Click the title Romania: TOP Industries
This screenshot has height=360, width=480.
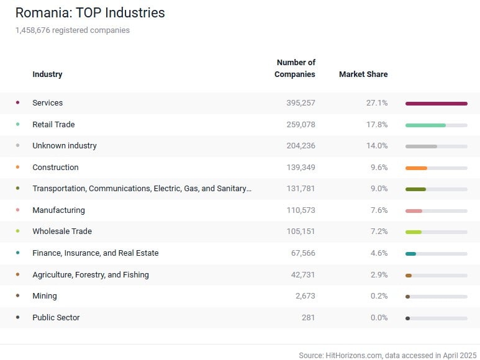click(x=90, y=12)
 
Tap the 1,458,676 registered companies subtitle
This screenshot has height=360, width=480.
click(x=73, y=30)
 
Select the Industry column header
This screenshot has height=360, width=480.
click(x=47, y=74)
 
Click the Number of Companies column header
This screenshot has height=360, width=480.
click(x=295, y=68)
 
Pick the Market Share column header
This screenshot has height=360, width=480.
click(x=363, y=74)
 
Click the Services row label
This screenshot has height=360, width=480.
click(x=47, y=103)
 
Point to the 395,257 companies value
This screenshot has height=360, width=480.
click(x=301, y=103)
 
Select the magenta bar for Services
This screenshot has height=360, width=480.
click(x=436, y=104)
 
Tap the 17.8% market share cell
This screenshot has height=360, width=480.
click(x=376, y=125)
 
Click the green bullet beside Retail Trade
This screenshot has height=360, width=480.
click(x=17, y=124)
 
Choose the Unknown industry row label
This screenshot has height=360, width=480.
click(x=65, y=146)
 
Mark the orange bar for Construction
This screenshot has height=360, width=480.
click(x=416, y=168)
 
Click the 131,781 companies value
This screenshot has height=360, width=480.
click(x=301, y=189)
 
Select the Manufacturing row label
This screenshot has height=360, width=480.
click(x=58, y=210)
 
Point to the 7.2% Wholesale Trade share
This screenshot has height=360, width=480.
click(x=378, y=232)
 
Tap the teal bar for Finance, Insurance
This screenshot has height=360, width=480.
click(x=410, y=253)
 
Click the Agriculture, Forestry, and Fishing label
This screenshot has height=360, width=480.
click(x=91, y=275)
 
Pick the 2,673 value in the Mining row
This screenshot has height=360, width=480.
click(x=305, y=296)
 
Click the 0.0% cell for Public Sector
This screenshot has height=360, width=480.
click(x=378, y=318)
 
